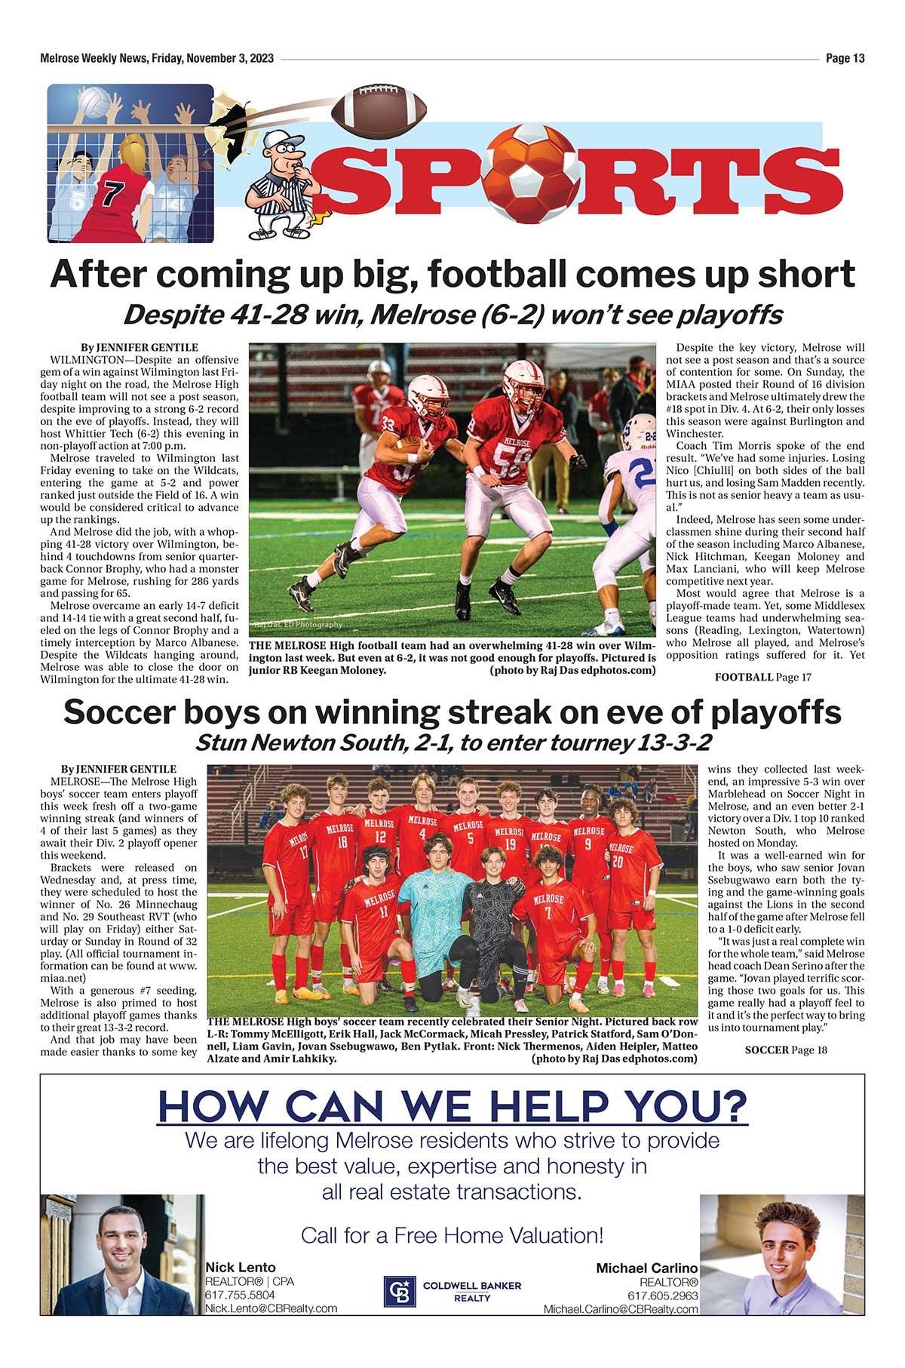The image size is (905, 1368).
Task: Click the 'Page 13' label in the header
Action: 845,58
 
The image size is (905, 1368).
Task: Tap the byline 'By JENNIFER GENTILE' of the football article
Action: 140,348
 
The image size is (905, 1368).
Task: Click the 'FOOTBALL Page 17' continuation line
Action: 762,677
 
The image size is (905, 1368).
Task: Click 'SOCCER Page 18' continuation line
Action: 786,1050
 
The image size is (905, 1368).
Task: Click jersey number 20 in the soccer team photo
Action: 618,862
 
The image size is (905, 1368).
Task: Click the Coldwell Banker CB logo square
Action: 400,1291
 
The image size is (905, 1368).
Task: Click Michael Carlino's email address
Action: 621,1309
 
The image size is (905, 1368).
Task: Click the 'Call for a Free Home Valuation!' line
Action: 452,1235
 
